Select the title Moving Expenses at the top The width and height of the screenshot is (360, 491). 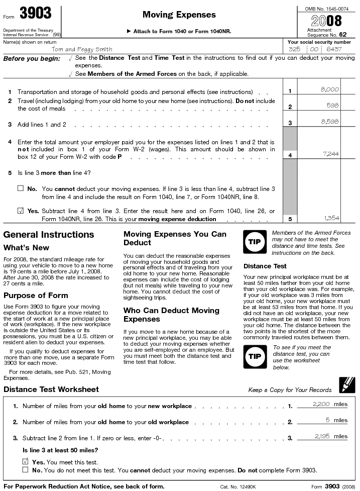(179, 15)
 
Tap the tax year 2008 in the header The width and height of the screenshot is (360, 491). (326, 21)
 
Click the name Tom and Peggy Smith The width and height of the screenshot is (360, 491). (82, 49)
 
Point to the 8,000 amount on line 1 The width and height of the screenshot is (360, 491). (329, 89)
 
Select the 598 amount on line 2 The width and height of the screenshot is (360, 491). (332, 105)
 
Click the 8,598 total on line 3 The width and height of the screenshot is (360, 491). (329, 122)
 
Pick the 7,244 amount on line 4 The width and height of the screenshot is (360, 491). (329, 153)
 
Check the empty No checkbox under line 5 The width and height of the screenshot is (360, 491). (20, 188)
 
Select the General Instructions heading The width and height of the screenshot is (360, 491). (49, 235)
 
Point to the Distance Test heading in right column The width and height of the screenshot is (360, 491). (265, 266)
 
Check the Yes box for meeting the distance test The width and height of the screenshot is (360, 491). (26, 461)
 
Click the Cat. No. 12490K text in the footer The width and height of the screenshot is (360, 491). (238, 486)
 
